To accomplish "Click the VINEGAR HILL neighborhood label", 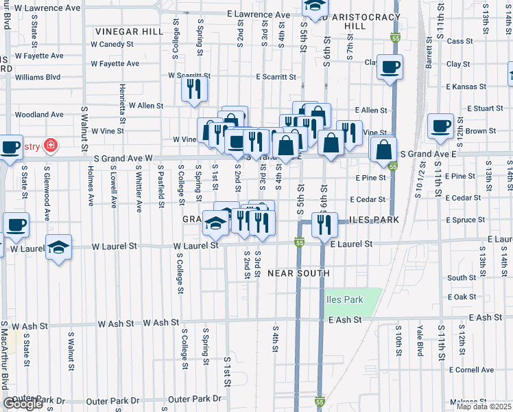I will point(129,32).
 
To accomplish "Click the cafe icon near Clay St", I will point(390,68).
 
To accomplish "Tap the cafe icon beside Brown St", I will point(440,126).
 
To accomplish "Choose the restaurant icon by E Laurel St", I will point(324,224).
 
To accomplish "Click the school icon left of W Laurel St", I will point(59,247).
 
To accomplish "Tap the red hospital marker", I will point(49,146).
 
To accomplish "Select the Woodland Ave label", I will point(38,115).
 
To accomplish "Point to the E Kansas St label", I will point(465,87).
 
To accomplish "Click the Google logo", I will point(23,404).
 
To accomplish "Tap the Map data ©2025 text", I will point(484,407).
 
